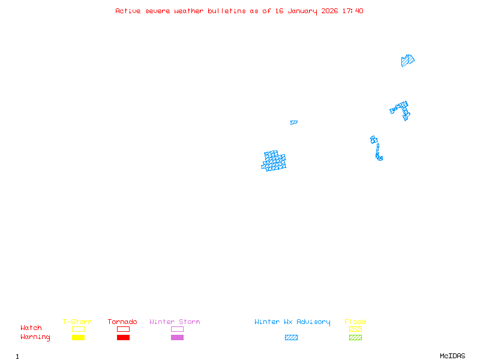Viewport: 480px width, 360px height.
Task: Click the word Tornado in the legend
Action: coord(122,322)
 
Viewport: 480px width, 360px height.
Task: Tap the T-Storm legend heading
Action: coord(77,322)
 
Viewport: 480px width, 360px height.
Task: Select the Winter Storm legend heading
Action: coord(175,322)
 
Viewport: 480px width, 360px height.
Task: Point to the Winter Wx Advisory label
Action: coord(292,322)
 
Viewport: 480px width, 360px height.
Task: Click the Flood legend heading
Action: coord(355,322)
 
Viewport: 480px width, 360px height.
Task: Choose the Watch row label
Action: coord(31,328)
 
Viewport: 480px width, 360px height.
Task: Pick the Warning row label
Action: coord(35,337)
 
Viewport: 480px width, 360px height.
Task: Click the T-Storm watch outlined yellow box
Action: coord(79,329)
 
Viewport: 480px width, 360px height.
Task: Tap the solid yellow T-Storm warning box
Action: coord(79,337)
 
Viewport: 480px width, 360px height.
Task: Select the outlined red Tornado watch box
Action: coord(124,329)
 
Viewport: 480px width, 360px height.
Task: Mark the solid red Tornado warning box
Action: coord(124,337)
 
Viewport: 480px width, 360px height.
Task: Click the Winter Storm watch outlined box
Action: coord(177,329)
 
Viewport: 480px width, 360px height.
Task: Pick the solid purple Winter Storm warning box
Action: coord(177,337)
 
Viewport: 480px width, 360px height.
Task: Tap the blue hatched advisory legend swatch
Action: coord(291,337)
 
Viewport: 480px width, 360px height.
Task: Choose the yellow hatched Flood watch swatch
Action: coord(355,329)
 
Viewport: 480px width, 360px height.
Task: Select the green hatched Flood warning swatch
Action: coord(355,337)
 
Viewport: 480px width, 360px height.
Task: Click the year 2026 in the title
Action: coord(329,11)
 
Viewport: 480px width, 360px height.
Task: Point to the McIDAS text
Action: coord(452,356)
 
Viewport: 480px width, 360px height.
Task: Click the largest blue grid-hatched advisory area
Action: coord(274,161)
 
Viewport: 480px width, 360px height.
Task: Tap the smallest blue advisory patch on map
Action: coord(294,122)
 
